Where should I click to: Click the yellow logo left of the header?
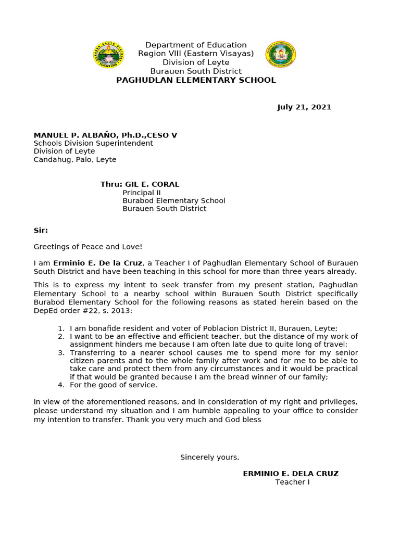pos(109,55)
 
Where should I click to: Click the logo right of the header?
pos(280,54)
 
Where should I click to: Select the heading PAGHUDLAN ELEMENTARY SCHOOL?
pos(196,80)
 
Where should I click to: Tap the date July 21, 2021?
pos(304,107)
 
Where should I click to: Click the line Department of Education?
pos(196,45)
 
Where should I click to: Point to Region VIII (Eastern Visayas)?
pos(196,54)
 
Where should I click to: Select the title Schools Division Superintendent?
pos(93,143)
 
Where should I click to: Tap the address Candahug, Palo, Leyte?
pos(75,160)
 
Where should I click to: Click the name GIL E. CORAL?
pos(152,184)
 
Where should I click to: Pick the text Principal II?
pos(138,193)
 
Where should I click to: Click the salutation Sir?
pos(41,230)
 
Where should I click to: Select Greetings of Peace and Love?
pos(88,247)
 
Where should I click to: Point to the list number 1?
pos(61,328)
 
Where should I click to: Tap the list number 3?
pos(61,352)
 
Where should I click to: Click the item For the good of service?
pos(114,385)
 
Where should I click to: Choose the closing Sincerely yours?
pos(209,457)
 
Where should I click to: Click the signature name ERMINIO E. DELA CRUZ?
pos(291,474)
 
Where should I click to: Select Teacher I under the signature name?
pos(292,482)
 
